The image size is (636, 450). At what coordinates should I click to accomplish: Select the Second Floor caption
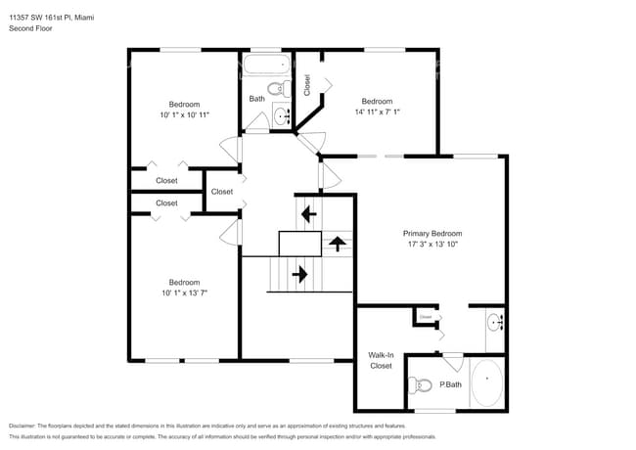click(30, 28)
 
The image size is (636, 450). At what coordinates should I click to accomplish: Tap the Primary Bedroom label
click(432, 234)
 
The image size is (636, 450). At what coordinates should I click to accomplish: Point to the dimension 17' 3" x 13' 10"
click(432, 246)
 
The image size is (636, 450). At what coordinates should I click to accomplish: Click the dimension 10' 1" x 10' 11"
click(184, 114)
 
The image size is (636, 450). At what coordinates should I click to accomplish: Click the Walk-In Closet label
click(380, 360)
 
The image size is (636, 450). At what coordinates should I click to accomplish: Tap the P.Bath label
click(449, 384)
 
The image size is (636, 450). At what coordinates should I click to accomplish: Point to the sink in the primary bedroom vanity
click(493, 319)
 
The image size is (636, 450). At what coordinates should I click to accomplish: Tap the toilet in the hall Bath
click(279, 90)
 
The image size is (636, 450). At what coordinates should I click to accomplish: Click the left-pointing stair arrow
click(308, 213)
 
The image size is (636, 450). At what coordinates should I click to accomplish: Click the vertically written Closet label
click(307, 85)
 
